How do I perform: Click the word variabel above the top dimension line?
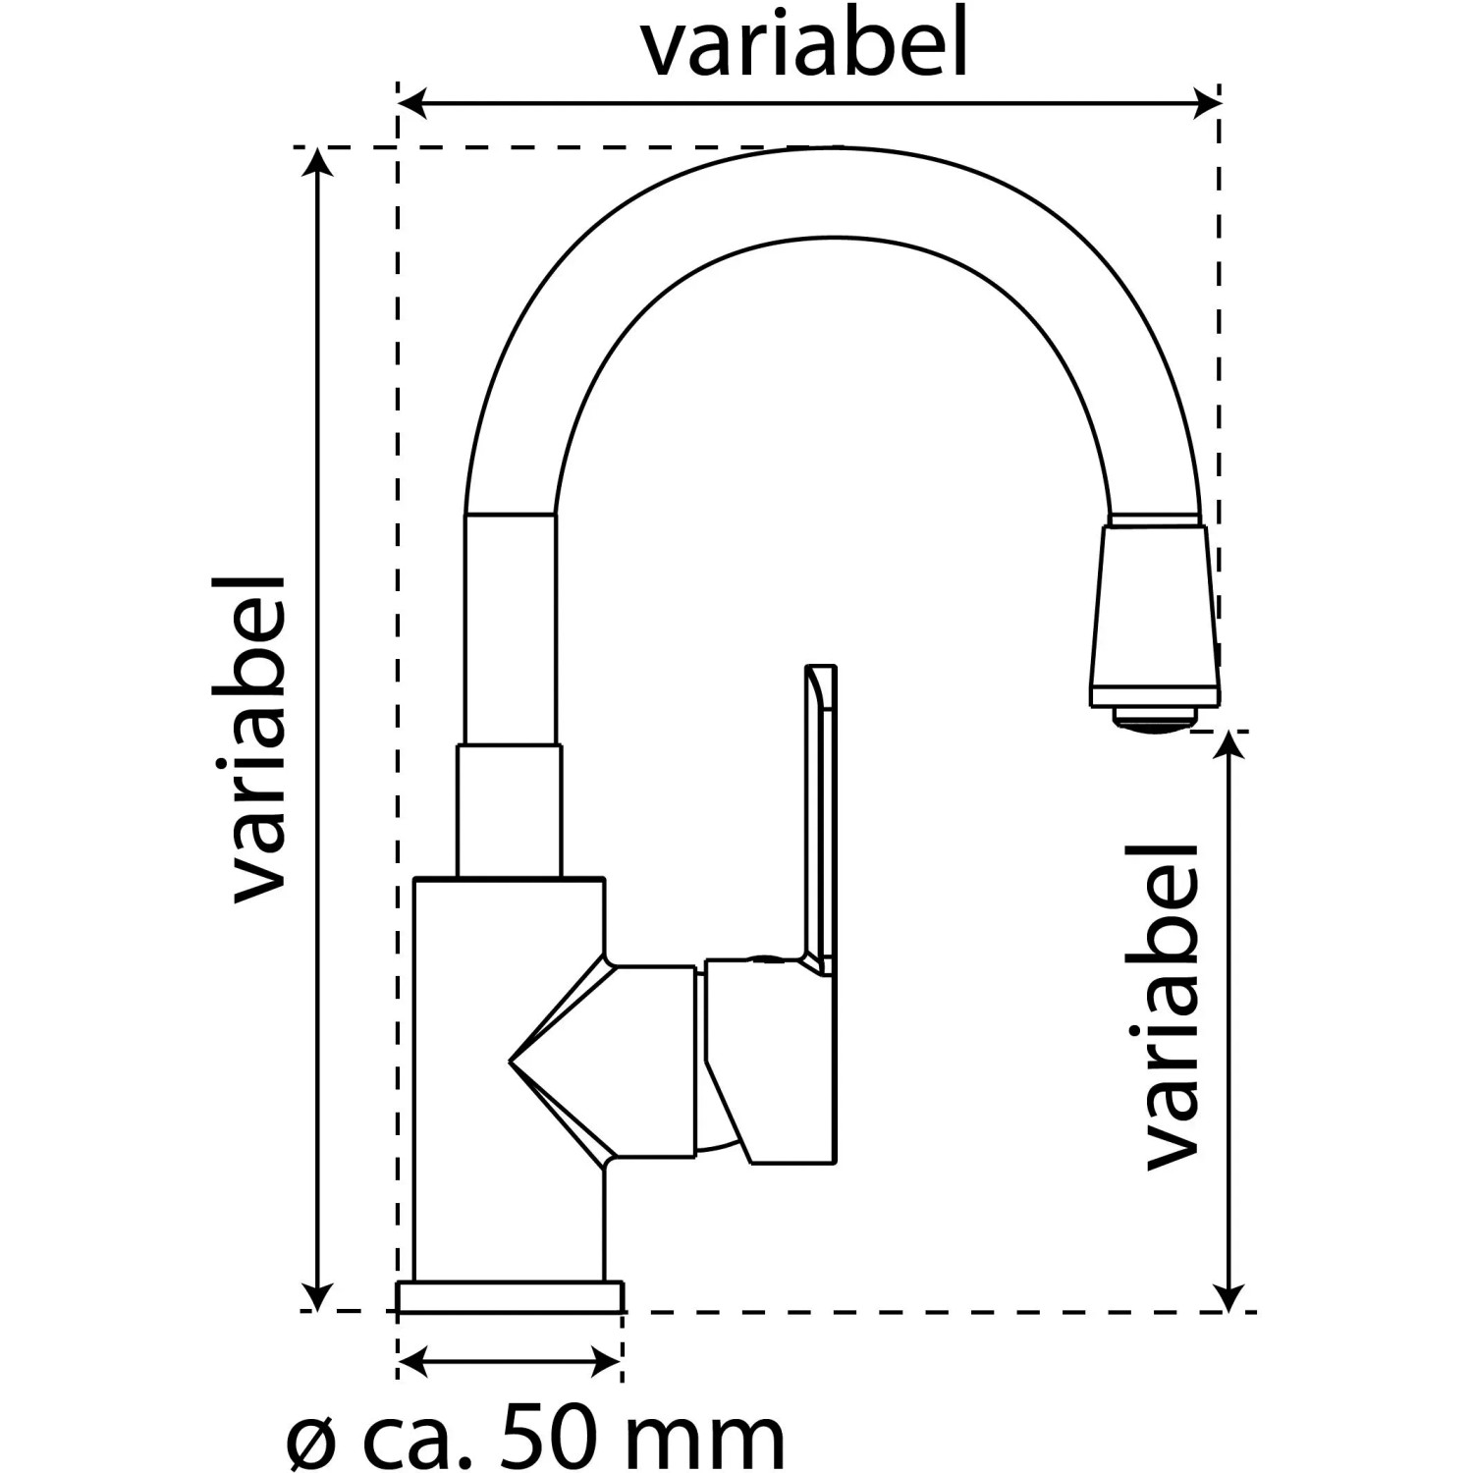click(805, 44)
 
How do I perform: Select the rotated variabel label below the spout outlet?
click(1173, 1006)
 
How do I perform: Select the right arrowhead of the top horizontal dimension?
click(1206, 102)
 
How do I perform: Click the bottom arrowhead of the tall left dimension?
click(316, 1294)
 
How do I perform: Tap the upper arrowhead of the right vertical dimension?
click(1229, 746)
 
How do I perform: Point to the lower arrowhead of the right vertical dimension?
click(1229, 1294)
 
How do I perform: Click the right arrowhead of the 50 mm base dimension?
click(607, 1361)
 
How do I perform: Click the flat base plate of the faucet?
click(511, 1295)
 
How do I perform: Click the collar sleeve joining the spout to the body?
click(510, 810)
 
